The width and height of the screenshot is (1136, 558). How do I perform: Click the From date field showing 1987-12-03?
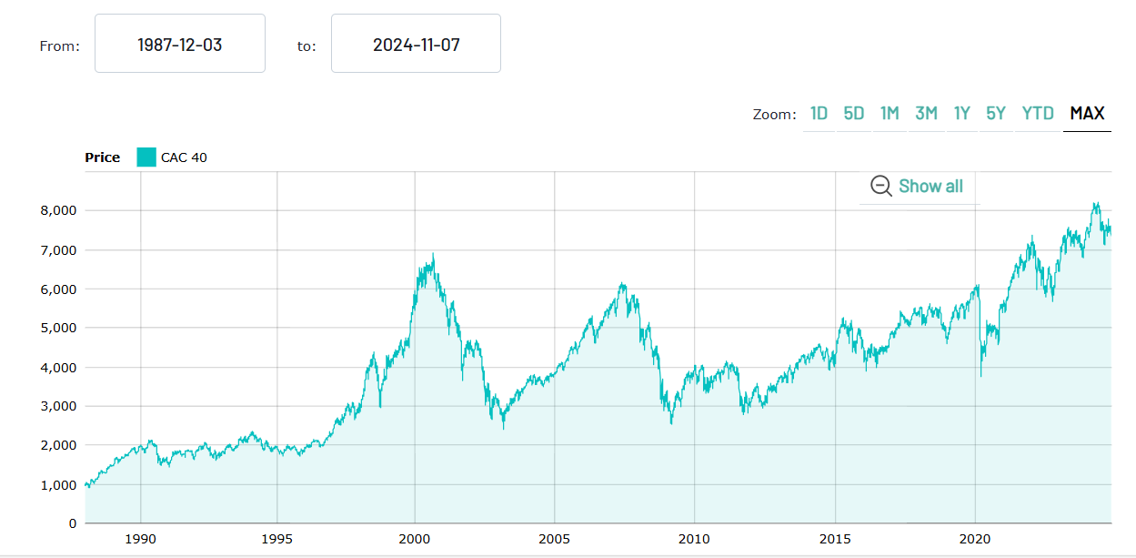pyautogui.click(x=179, y=44)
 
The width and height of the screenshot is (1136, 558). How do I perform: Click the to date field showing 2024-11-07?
pyautogui.click(x=416, y=44)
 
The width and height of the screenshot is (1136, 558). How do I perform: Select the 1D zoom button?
pyautogui.click(x=819, y=114)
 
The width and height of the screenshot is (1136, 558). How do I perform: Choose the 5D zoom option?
pyautogui.click(x=853, y=114)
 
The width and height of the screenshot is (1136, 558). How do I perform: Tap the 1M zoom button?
pyautogui.click(x=890, y=114)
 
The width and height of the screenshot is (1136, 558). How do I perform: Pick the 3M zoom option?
pyautogui.click(x=926, y=114)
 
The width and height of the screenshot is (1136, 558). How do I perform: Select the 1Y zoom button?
pyautogui.click(x=961, y=114)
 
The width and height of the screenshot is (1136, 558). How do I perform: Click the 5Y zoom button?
pyautogui.click(x=996, y=114)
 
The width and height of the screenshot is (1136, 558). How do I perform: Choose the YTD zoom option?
pyautogui.click(x=1037, y=114)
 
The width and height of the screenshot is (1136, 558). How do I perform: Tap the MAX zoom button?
pyautogui.click(x=1087, y=114)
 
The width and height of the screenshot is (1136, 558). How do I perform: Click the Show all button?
pyautogui.click(x=918, y=186)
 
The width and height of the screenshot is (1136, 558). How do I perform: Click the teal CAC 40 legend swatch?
pyautogui.click(x=146, y=157)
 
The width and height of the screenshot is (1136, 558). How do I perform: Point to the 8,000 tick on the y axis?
pyautogui.click(x=51, y=210)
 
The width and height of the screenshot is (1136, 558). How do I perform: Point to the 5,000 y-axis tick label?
pyautogui.click(x=51, y=328)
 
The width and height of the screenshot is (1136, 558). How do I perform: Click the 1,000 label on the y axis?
pyautogui.click(x=51, y=485)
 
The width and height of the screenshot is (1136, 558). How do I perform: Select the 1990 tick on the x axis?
pyautogui.click(x=141, y=538)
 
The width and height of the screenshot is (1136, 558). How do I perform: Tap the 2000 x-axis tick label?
pyautogui.click(x=415, y=538)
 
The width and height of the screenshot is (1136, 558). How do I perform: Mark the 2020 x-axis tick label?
pyautogui.click(x=974, y=538)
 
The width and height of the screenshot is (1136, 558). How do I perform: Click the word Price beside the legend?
pyautogui.click(x=102, y=157)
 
